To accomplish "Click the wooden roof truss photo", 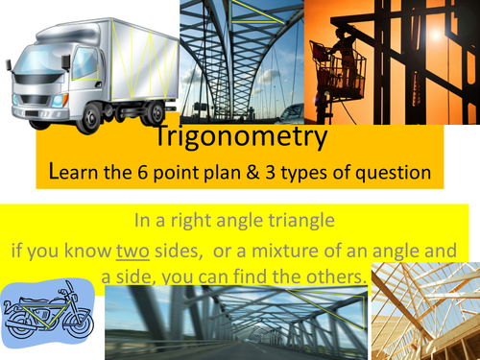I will pyautogui.click(x=425, y=312).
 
